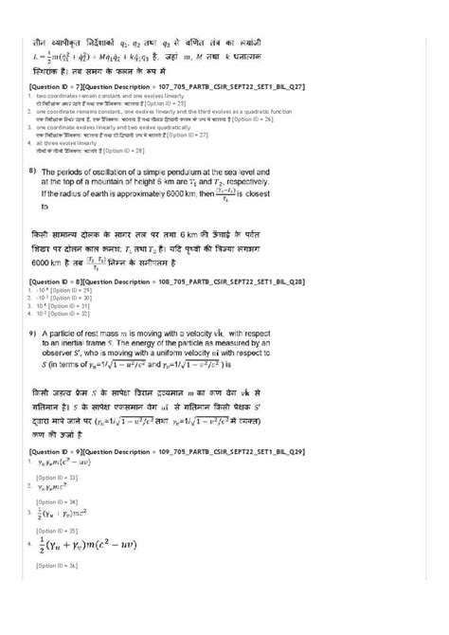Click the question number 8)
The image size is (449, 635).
coord(32,171)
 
